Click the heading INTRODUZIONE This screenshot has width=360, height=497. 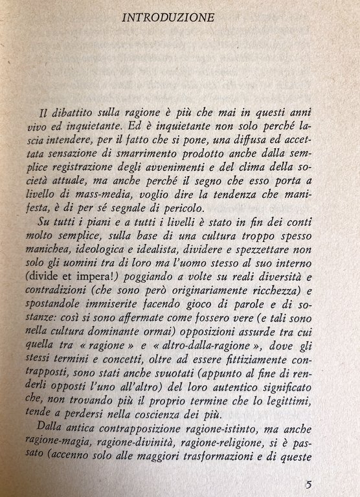click(168, 19)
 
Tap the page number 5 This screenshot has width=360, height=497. click(309, 484)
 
